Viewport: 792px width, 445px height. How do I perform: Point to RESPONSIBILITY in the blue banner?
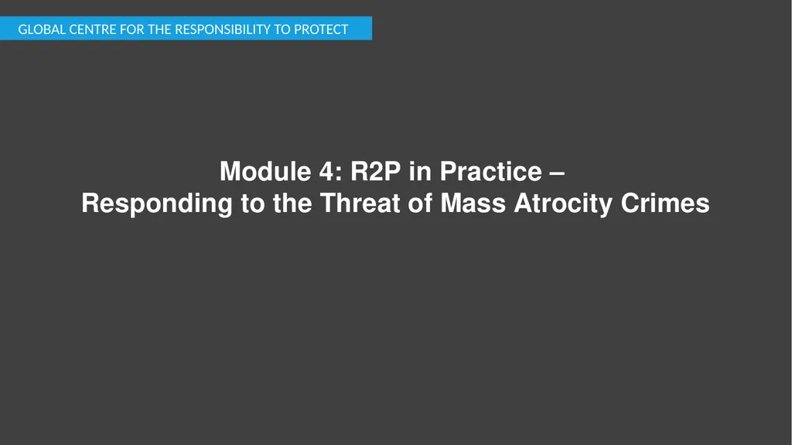(220, 30)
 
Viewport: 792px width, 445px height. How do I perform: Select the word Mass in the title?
(473, 204)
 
